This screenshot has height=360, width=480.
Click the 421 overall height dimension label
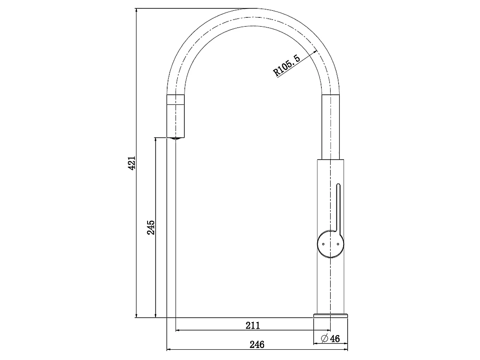point(132,163)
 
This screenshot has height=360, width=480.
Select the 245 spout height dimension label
point(151,227)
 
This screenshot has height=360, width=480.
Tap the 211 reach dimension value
point(252,325)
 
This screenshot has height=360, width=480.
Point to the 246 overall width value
point(257,344)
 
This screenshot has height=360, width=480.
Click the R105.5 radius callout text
point(287,66)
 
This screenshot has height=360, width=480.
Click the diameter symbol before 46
point(324,339)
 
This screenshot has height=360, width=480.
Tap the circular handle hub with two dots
point(330,244)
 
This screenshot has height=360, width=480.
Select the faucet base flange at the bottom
point(330,316)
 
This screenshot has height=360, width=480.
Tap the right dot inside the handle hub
point(336,244)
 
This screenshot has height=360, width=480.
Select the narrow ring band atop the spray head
point(176,99)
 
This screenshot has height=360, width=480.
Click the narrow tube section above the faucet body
point(331,127)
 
